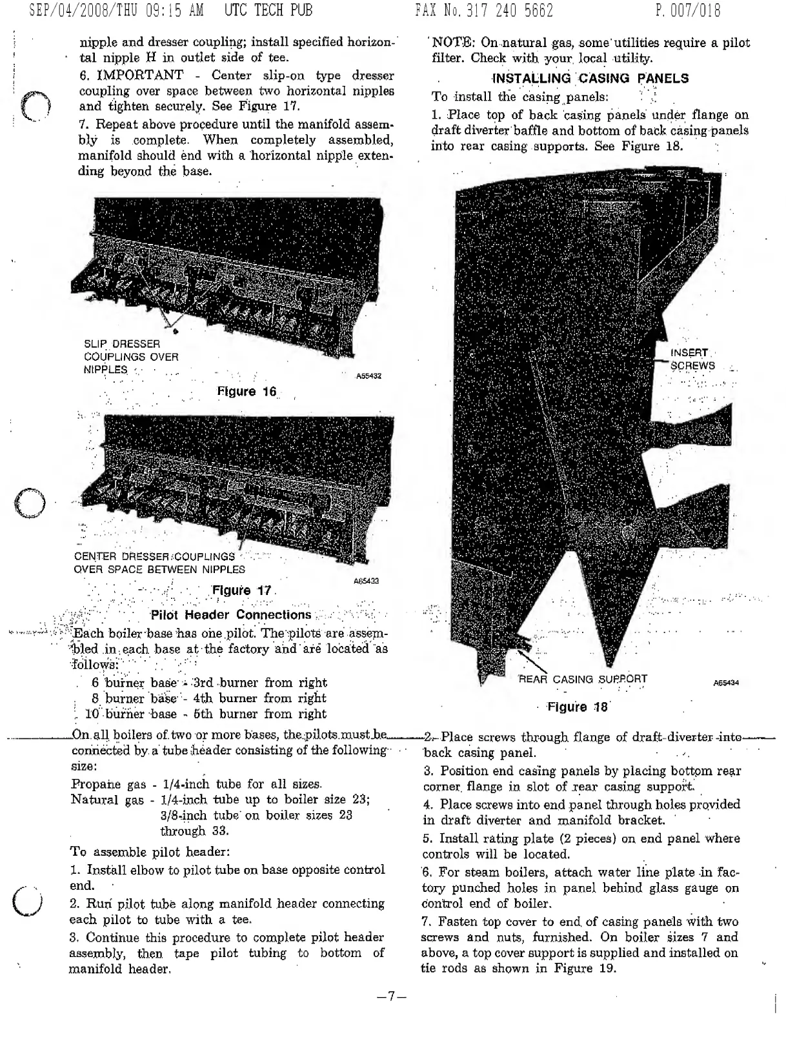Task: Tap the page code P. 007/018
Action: click(x=687, y=10)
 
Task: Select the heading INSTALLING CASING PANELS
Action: click(x=590, y=79)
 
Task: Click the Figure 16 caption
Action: click(x=247, y=392)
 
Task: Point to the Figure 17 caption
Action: click(x=242, y=590)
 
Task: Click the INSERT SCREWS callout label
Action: click(x=692, y=359)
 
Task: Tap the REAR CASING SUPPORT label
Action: click(x=583, y=679)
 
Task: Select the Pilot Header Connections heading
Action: click(x=230, y=614)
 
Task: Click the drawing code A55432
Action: click(x=368, y=376)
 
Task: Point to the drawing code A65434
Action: click(x=726, y=683)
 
